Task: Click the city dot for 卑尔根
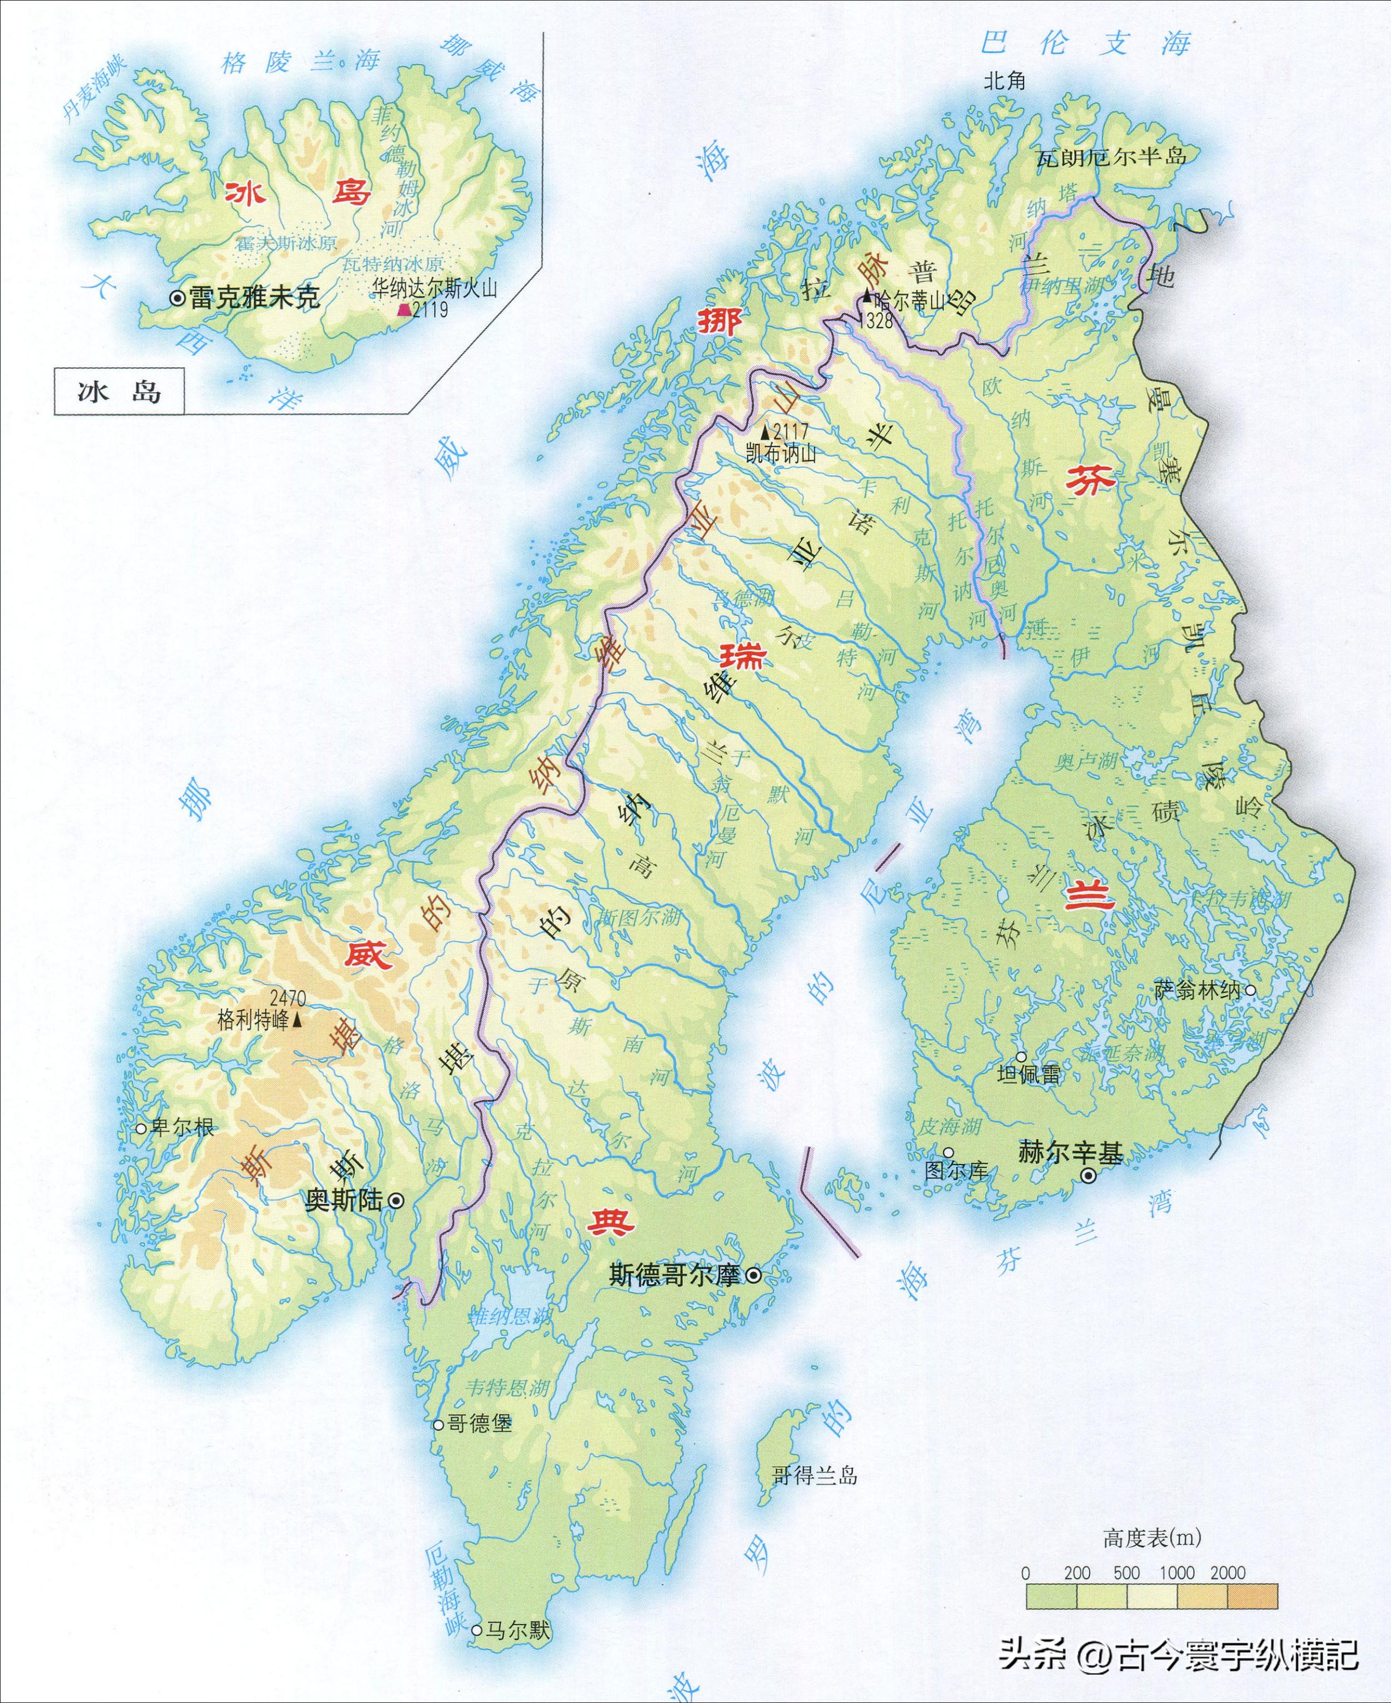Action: [x=141, y=1129]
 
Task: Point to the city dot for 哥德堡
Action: [x=439, y=1424]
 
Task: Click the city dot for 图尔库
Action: [x=949, y=1152]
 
